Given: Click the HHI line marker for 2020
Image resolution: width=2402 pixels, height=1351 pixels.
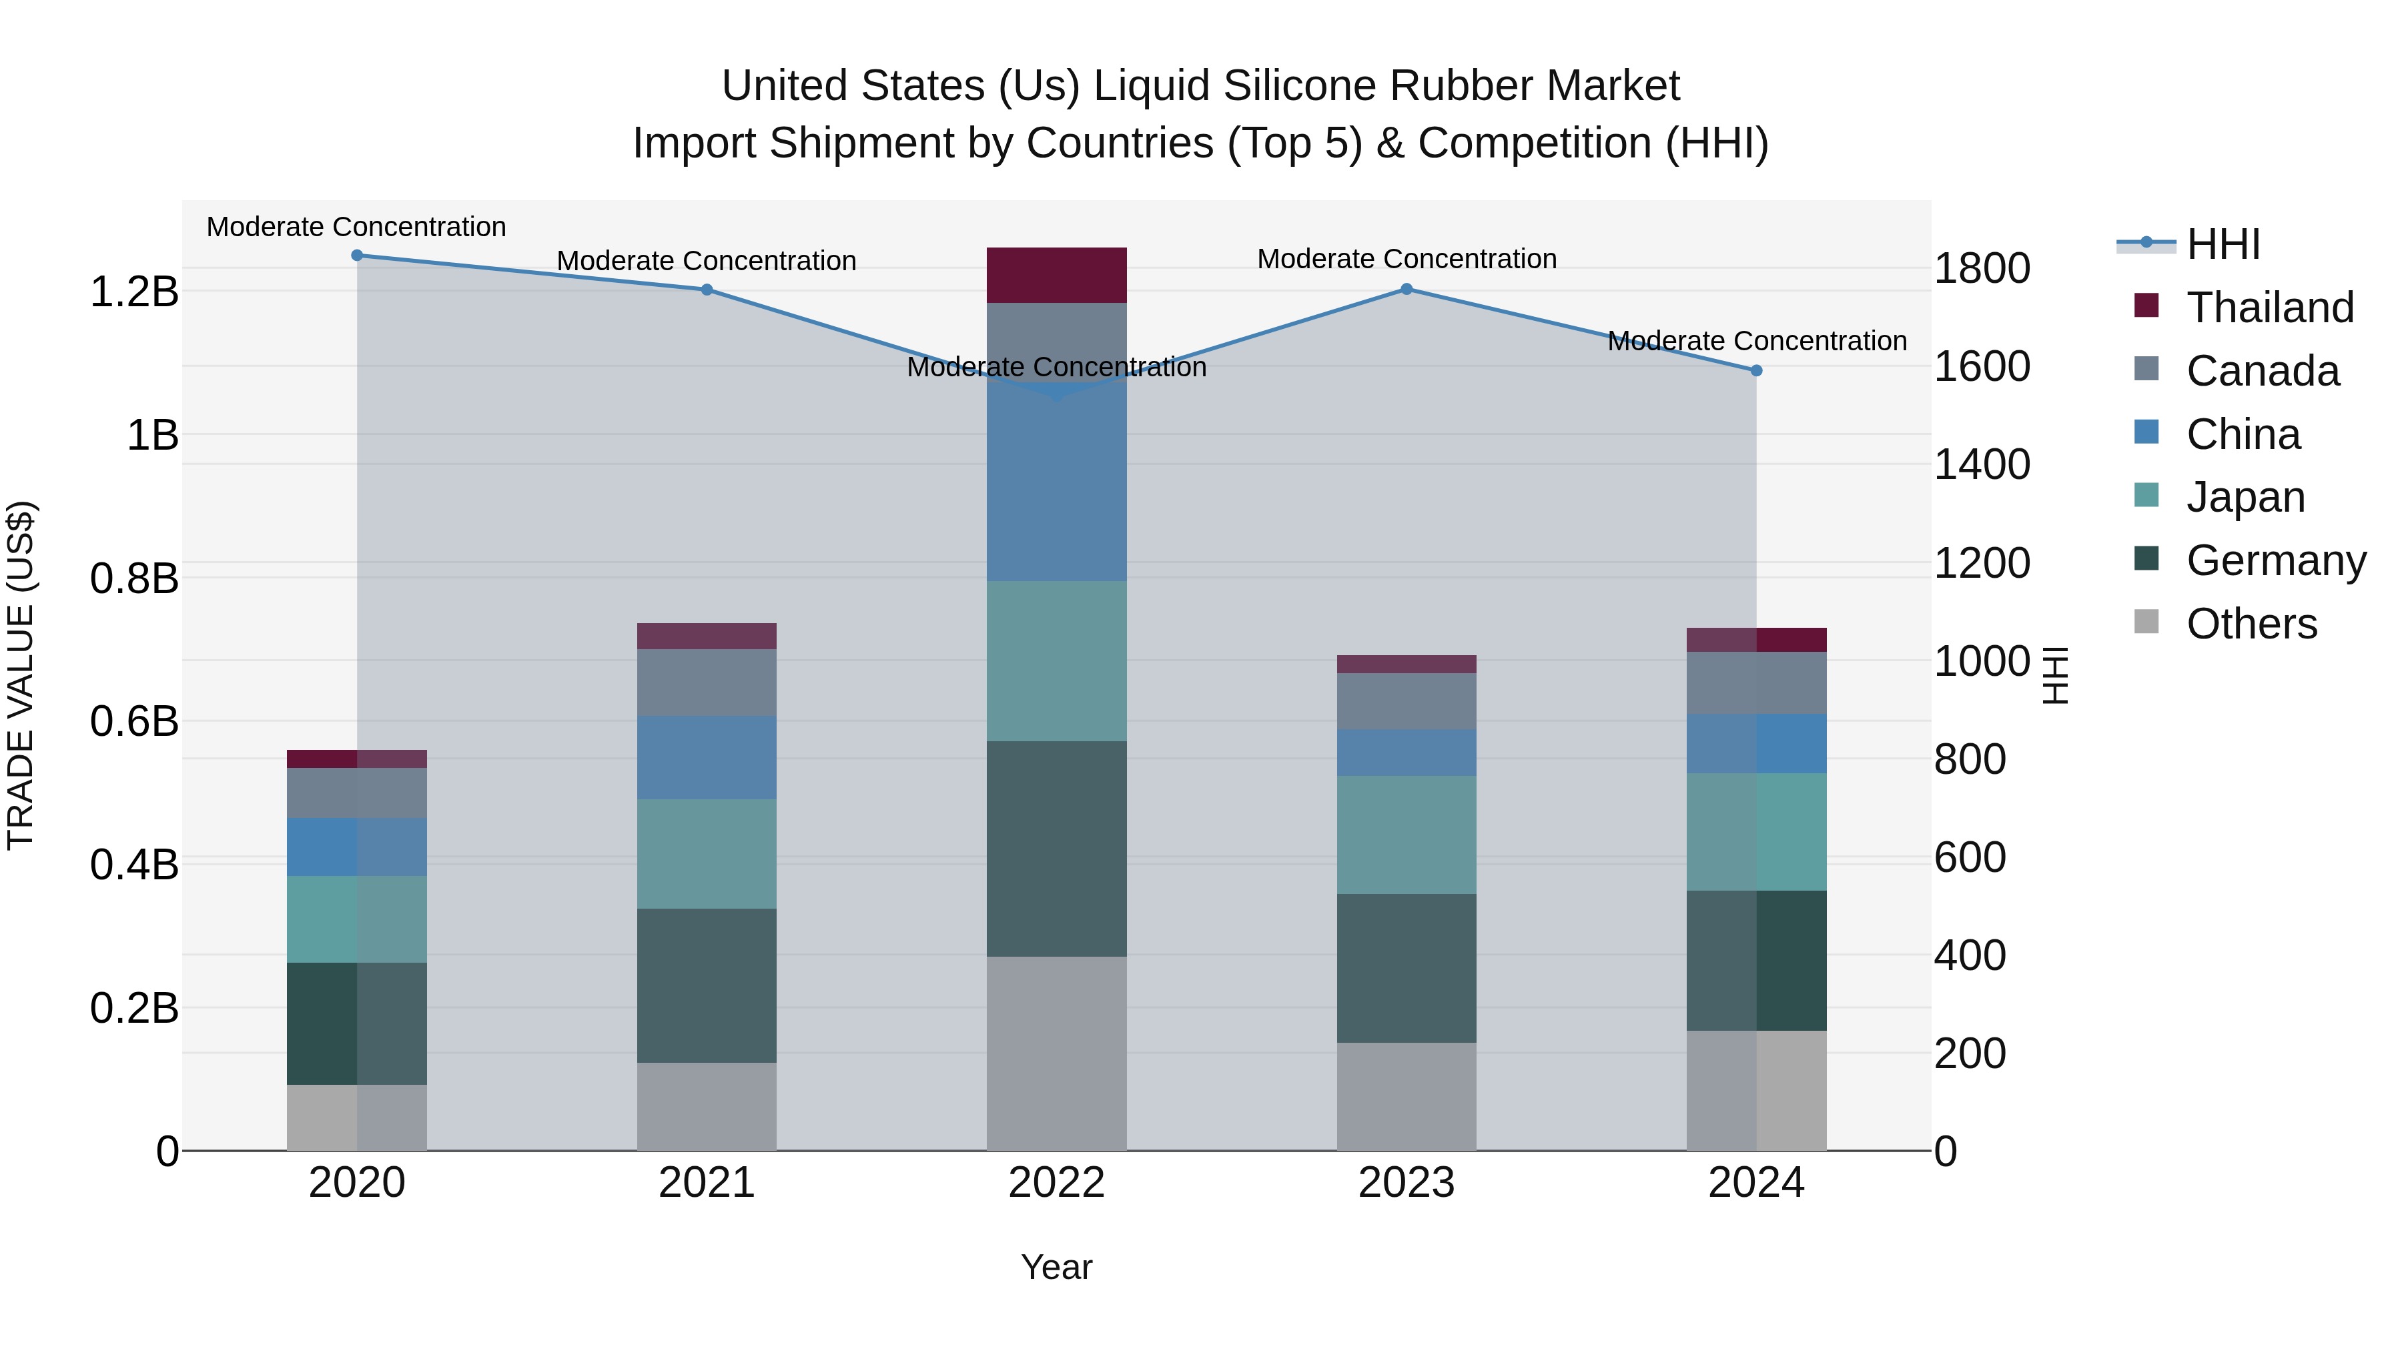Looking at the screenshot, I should click(x=357, y=256).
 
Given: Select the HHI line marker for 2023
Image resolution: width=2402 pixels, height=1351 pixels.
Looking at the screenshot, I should click(x=1406, y=289).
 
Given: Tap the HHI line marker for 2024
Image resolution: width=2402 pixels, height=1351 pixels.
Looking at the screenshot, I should click(x=1756, y=370).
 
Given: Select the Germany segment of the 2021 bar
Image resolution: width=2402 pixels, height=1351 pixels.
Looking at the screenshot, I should click(x=706, y=985).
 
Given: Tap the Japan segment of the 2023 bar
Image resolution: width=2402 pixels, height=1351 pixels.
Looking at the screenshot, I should click(x=1406, y=835).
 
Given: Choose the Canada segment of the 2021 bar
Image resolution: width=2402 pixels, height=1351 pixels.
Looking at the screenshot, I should click(x=706, y=683).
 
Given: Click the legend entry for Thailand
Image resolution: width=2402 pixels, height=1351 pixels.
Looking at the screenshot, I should click(x=2270, y=308).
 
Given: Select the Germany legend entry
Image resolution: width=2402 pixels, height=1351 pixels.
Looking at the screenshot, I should click(x=2275, y=560).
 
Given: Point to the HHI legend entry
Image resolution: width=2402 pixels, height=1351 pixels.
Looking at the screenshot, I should click(x=2223, y=244).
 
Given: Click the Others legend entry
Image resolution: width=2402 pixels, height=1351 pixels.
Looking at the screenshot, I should click(x=2251, y=624).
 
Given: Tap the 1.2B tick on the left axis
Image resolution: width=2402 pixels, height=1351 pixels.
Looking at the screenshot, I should click(x=133, y=292).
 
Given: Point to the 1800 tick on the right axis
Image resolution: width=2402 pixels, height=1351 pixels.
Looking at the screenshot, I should click(x=1982, y=268).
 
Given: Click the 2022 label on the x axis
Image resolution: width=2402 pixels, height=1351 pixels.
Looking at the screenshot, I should click(x=1056, y=1183).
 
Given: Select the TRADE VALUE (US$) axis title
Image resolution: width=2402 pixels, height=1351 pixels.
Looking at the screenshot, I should click(x=21, y=675).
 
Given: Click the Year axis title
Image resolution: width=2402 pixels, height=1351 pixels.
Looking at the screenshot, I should click(x=1056, y=1267).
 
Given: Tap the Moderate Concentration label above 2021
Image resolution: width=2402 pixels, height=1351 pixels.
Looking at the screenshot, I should click(x=706, y=261).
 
